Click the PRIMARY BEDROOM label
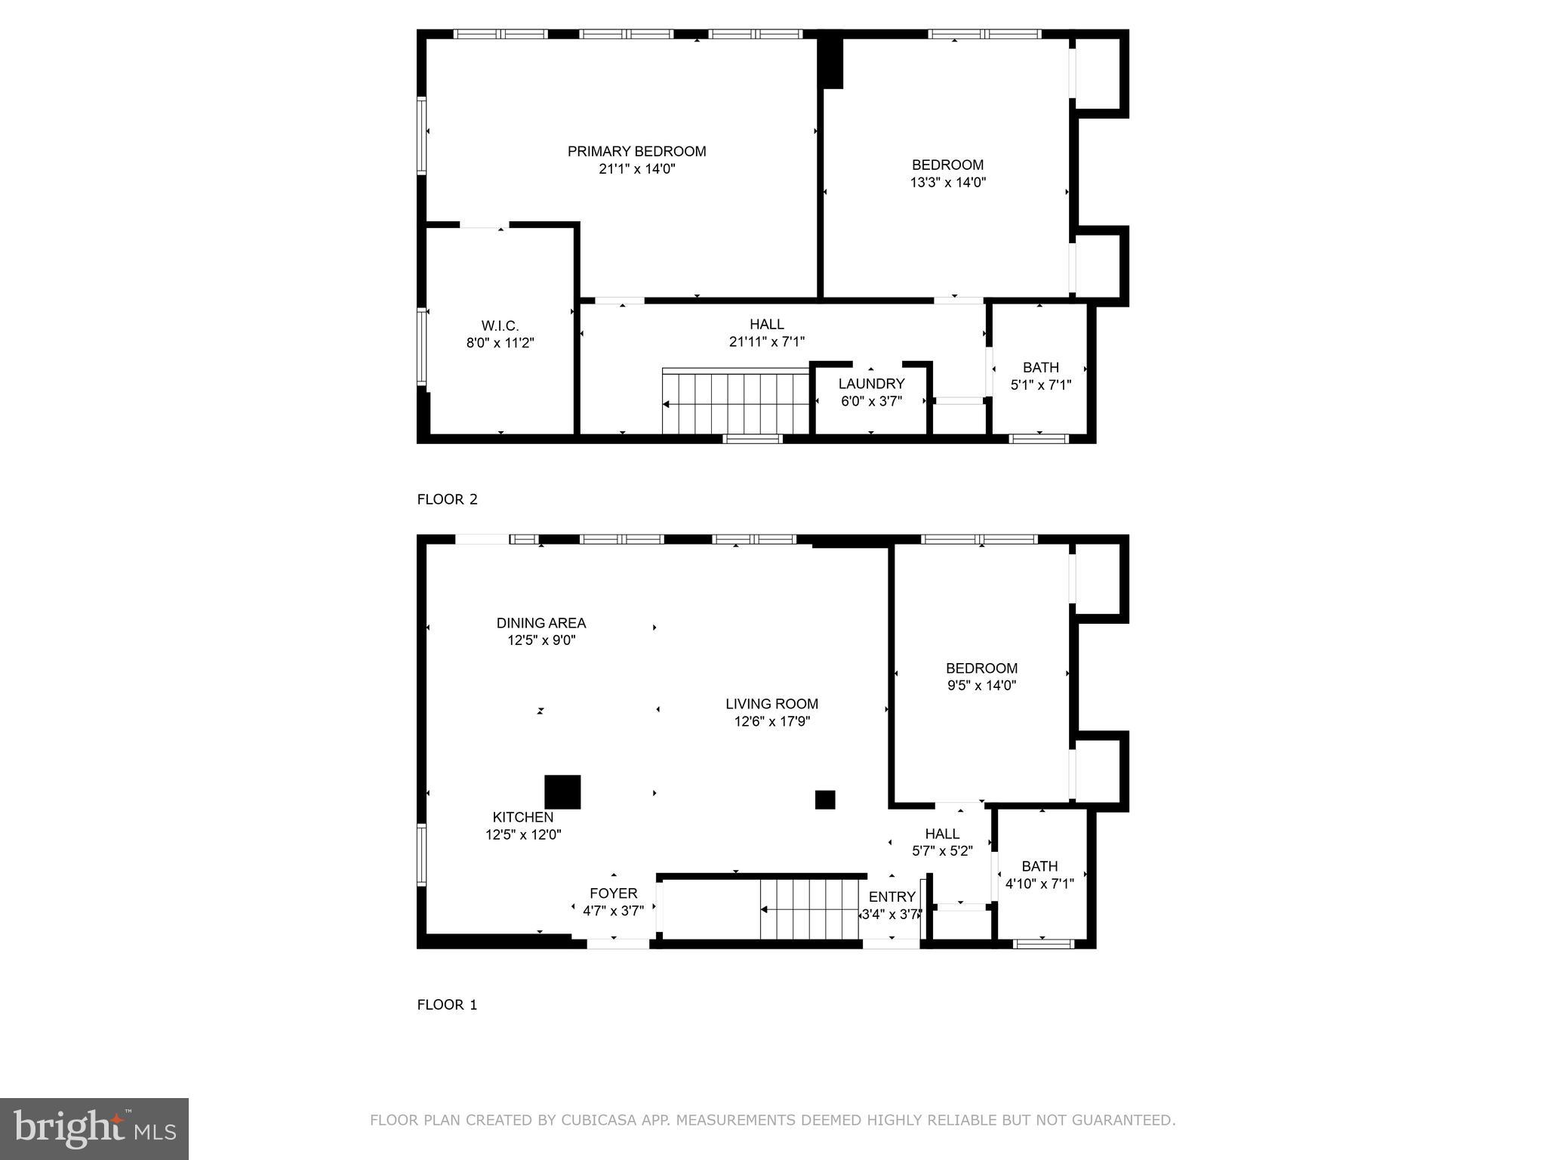click(636, 152)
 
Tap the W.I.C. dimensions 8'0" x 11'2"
click(500, 343)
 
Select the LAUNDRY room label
click(871, 384)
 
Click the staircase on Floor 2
click(735, 402)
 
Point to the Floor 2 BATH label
click(1040, 368)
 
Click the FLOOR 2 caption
click(447, 499)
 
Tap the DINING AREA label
click(540, 623)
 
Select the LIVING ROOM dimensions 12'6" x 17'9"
click(771, 721)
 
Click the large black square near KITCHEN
click(562, 792)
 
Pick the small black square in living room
click(825, 800)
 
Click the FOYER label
click(613, 893)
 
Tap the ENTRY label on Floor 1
click(892, 896)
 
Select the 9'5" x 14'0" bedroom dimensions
click(981, 686)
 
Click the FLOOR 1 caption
click(447, 1004)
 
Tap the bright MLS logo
click(94, 1128)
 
